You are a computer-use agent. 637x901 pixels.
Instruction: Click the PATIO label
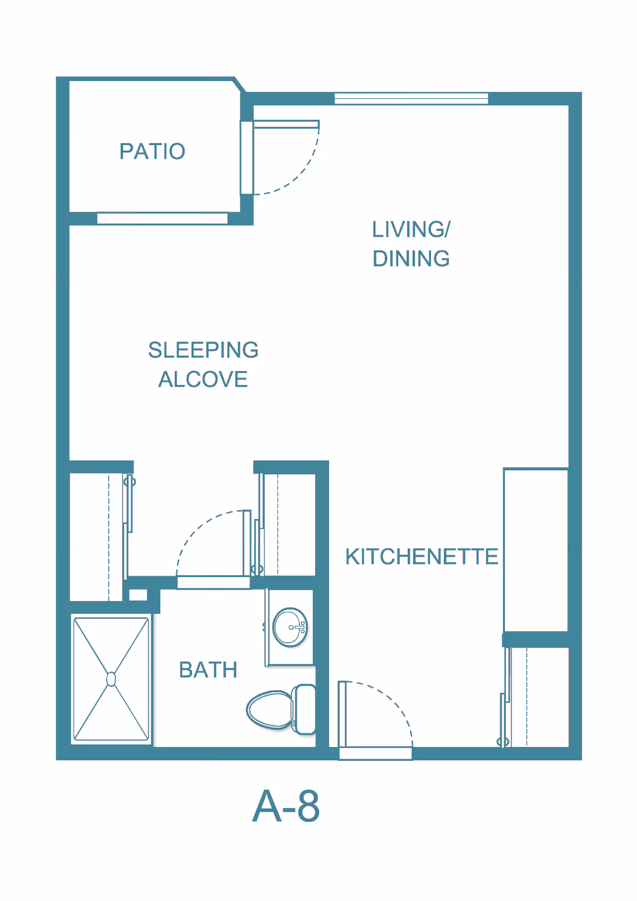(152, 151)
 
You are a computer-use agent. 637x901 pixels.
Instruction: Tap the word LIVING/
(411, 229)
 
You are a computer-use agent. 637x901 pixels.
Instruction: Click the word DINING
(411, 258)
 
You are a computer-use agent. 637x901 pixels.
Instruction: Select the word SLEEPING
(203, 349)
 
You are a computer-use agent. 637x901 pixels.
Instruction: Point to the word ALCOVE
(203, 379)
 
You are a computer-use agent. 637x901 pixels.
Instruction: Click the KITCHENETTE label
(421, 556)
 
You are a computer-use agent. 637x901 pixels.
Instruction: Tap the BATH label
(208, 670)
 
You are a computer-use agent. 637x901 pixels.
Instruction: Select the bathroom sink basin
(290, 627)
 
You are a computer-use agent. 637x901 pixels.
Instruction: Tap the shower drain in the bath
(111, 680)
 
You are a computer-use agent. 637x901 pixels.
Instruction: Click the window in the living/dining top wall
(411, 99)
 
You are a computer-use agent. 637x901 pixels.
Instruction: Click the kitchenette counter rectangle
(536, 550)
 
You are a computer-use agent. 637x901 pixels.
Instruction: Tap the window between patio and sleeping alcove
(162, 218)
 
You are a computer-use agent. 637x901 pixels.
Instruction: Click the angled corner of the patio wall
(240, 84)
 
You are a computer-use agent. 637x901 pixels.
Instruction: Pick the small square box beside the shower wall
(138, 595)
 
